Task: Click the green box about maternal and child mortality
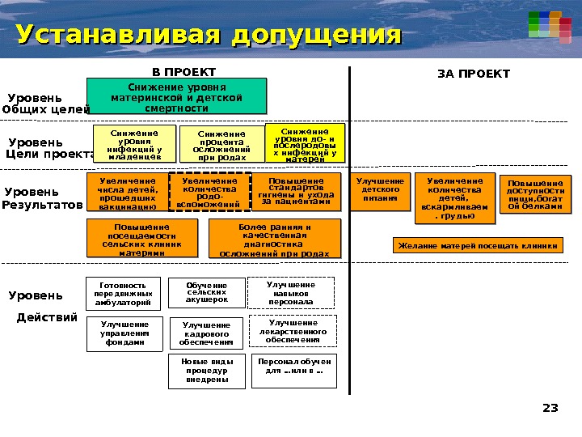(176, 95)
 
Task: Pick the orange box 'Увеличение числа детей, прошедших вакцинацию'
(128, 195)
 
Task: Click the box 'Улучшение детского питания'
(381, 191)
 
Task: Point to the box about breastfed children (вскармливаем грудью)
(457, 199)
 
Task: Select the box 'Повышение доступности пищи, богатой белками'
(535, 195)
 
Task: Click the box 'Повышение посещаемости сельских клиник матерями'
(141, 240)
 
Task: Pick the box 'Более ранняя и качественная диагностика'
(274, 240)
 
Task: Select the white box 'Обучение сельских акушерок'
(206, 293)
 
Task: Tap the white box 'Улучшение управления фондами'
(124, 333)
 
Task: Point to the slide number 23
(550, 408)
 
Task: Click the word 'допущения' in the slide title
(316, 36)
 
